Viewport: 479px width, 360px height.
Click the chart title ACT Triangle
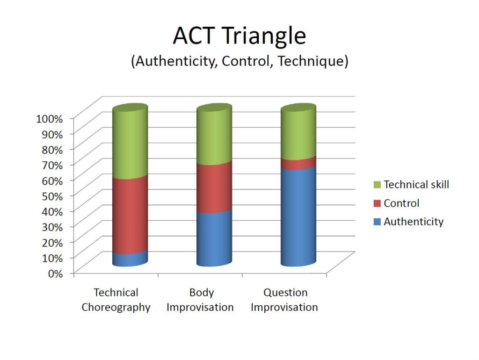point(239,36)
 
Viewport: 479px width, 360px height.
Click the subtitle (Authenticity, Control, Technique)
point(239,61)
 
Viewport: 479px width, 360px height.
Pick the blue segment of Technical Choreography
point(130,259)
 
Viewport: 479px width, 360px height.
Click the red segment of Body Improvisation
point(214,187)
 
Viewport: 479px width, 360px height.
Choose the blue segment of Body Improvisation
point(214,238)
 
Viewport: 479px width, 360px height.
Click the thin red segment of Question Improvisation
point(298,163)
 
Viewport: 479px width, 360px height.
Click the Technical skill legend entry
point(411,184)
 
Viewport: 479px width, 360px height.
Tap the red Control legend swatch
point(377,203)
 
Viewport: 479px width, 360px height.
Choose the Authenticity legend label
point(414,222)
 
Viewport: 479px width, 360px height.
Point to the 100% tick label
point(50,119)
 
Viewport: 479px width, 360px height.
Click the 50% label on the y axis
point(52,196)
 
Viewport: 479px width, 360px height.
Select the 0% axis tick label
point(55,274)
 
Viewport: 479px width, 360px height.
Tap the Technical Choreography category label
point(116,300)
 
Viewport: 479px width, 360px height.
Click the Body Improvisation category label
point(200,300)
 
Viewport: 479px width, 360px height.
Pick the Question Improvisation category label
point(284,300)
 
